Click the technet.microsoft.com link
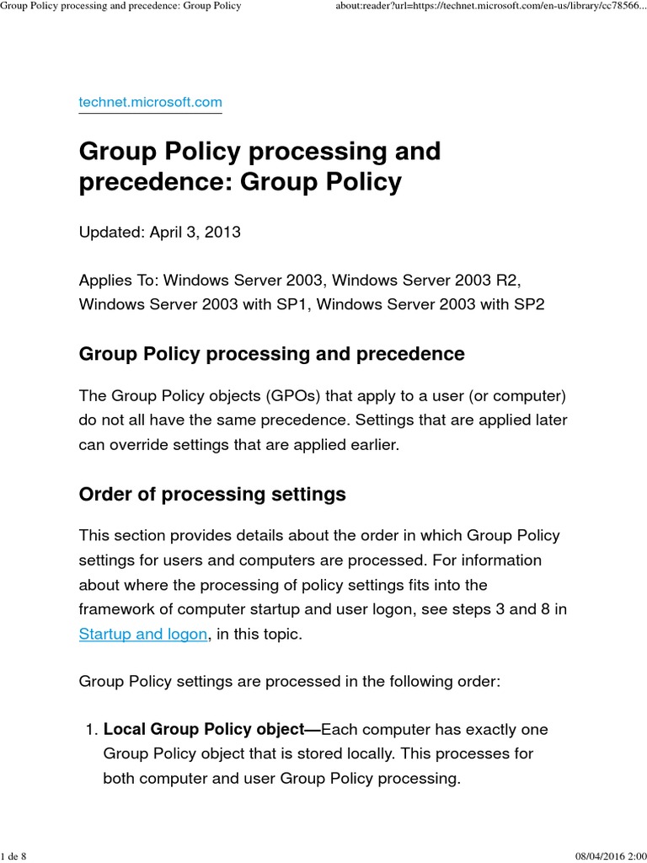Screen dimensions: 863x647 (x=150, y=102)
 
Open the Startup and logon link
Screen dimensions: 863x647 (x=142, y=634)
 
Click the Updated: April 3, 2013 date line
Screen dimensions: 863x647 (x=159, y=232)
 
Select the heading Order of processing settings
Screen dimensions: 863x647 (x=212, y=494)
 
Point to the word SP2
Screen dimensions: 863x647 (x=528, y=303)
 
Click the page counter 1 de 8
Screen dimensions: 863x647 (x=14, y=856)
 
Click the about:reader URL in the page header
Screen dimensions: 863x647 (x=489, y=6)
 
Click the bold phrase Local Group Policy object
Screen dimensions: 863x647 (x=211, y=729)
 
